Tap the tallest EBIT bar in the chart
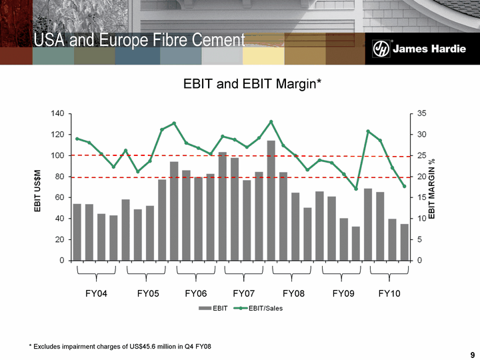pos(271,200)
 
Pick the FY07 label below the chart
pos(244,293)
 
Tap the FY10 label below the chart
pos(389,293)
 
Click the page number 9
pos(471,354)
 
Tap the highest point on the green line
pos(271,121)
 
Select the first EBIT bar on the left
pos(77,231)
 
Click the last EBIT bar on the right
pos(404,242)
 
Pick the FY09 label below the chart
pos(343,293)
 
